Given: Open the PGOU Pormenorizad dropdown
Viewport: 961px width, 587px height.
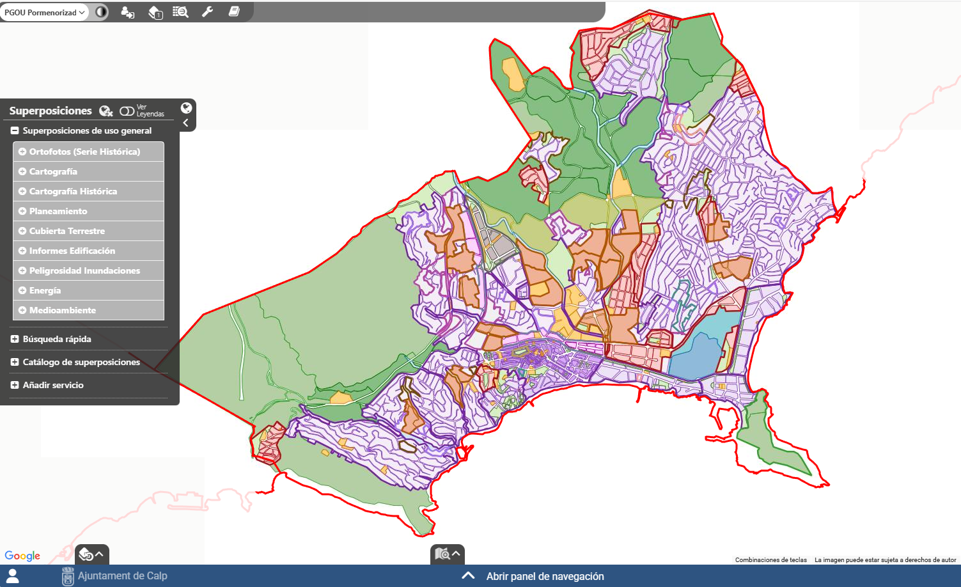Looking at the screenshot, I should pos(45,12).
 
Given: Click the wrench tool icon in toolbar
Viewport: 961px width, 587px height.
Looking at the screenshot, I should pos(207,12).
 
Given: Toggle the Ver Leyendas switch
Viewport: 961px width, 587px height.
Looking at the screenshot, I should pos(127,111).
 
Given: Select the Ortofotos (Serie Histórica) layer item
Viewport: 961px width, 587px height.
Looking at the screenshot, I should pos(84,152).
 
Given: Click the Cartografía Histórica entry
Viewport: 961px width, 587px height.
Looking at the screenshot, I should pos(73,191).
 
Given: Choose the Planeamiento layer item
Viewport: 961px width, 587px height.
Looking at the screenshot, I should pos(58,211).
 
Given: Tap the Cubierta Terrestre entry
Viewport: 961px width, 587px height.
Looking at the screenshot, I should pos(67,231).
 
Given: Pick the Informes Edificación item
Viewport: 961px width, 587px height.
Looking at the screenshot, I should pos(72,251).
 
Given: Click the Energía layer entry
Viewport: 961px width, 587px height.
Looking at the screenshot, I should pos(45,290).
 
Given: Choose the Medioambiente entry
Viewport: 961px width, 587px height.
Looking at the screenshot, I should pos(63,310).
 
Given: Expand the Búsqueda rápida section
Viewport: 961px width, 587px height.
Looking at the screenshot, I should pos(57,339).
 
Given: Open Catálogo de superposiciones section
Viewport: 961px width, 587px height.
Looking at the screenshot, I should pos(81,362).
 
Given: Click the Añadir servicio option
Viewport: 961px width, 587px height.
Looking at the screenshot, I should pos(53,385).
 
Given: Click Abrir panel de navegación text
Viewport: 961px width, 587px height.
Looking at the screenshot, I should pos(545,576).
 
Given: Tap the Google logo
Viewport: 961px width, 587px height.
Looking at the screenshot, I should pos(22,556).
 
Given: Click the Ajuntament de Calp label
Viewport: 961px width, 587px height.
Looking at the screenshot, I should pos(122,575).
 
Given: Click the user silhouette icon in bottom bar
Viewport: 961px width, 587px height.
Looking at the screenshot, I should pos(12,575).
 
